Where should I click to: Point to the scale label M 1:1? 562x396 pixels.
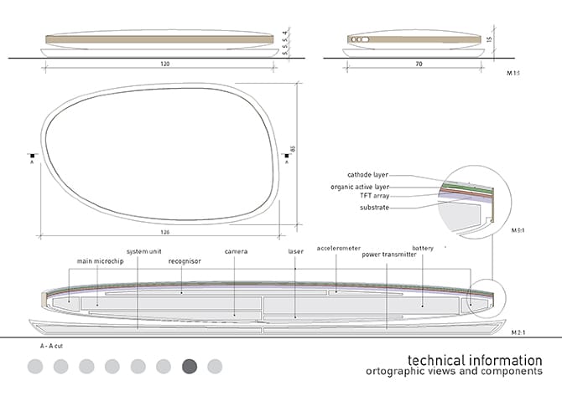tap(515, 73)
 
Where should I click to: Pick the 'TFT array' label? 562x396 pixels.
tap(374, 196)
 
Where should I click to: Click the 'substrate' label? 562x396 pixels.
tap(374, 207)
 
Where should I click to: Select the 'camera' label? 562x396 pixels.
tap(235, 250)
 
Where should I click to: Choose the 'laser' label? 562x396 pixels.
tap(296, 250)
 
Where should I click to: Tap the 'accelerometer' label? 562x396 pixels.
tap(338, 248)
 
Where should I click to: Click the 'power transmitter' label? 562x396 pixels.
tap(388, 255)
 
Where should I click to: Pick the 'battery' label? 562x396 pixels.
tap(422, 248)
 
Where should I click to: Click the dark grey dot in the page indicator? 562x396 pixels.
tap(189, 366)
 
